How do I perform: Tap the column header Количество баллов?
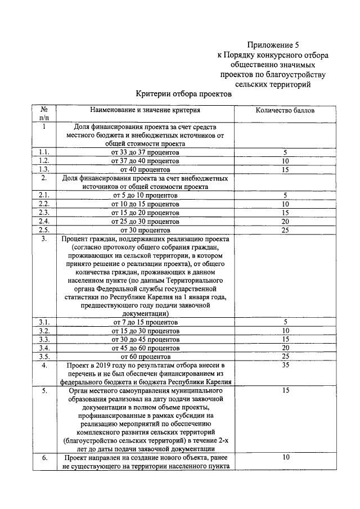point(285,111)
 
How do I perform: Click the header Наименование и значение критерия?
point(145,111)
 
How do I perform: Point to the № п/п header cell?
point(44,114)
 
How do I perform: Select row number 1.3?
point(44,169)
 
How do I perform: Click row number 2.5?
point(44,229)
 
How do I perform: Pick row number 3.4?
point(44,348)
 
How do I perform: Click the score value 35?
point(285,366)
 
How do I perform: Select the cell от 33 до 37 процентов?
point(145,152)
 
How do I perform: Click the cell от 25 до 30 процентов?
point(145,221)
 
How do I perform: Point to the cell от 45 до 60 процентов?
point(145,348)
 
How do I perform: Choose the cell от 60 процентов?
point(145,356)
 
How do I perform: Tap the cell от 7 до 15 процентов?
point(145,322)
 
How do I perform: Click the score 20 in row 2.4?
point(285,221)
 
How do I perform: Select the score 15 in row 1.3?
point(285,169)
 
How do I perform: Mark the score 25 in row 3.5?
point(285,356)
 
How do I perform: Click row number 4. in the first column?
point(44,366)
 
